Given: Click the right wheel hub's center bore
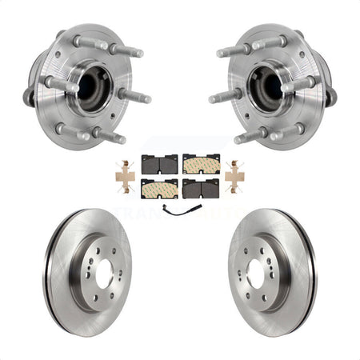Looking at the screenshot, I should [x=266, y=86].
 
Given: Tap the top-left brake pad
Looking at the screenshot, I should [x=159, y=164].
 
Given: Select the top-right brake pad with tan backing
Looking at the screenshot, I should [x=200, y=164].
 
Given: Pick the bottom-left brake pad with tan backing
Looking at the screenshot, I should [x=159, y=189].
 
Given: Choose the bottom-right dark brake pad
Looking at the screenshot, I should [x=200, y=189].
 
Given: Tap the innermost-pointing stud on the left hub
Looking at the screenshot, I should [x=136, y=97].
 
